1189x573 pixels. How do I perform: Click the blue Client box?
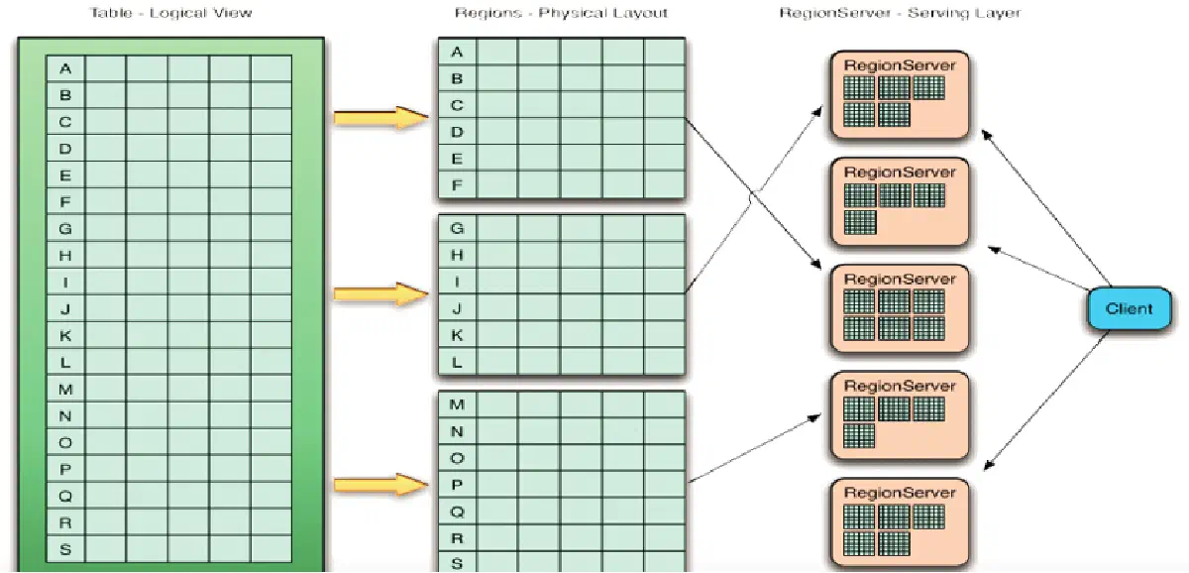[x=1129, y=308]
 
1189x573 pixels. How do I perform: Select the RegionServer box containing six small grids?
[x=900, y=308]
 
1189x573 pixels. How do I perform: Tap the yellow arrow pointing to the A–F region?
[x=380, y=117]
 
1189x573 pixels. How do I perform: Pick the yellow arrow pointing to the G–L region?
[x=380, y=293]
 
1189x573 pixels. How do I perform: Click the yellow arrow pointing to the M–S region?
[x=380, y=485]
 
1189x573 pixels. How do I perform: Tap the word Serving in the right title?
[x=937, y=13]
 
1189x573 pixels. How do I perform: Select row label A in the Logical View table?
[x=65, y=68]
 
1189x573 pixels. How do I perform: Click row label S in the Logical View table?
[x=65, y=549]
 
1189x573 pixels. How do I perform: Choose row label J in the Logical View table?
[x=65, y=308]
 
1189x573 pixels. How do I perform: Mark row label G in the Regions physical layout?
[x=457, y=228]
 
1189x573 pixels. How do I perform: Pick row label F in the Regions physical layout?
[x=457, y=185]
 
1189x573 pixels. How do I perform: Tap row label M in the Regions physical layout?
[x=457, y=404]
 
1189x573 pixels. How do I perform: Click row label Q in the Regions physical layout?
[x=457, y=512]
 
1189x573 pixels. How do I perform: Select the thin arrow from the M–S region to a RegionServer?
[x=754, y=449]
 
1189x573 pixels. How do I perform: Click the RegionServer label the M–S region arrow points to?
[x=900, y=386]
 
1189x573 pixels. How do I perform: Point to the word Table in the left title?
[x=111, y=13]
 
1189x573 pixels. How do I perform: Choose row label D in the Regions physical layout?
[x=457, y=132]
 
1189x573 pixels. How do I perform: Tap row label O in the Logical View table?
[x=65, y=442]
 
